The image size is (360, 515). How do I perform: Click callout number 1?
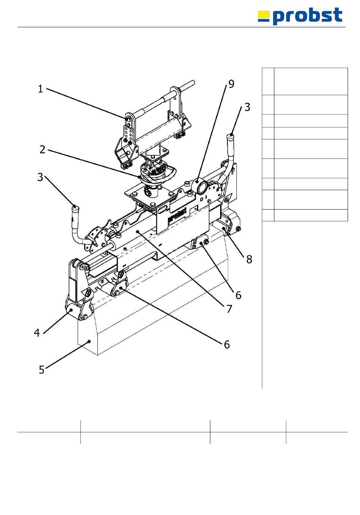click(x=40, y=89)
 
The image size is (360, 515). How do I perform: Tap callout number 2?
click(x=42, y=149)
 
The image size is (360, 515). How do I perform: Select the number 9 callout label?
click(x=231, y=84)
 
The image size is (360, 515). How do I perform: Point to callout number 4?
click(x=37, y=333)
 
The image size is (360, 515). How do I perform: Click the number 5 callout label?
click(x=42, y=369)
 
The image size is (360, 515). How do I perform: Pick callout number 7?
click(x=229, y=309)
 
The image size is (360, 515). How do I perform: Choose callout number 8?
click(x=249, y=259)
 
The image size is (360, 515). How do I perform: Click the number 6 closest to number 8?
click(x=238, y=295)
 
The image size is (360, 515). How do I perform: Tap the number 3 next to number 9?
click(x=247, y=107)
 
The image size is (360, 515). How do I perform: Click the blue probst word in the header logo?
click(x=307, y=16)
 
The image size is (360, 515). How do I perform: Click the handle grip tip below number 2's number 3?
click(x=75, y=208)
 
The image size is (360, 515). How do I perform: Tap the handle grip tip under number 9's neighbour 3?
click(x=231, y=135)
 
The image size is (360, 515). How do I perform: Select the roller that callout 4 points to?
click(x=71, y=311)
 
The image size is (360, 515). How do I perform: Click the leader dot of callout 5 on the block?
click(x=89, y=341)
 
